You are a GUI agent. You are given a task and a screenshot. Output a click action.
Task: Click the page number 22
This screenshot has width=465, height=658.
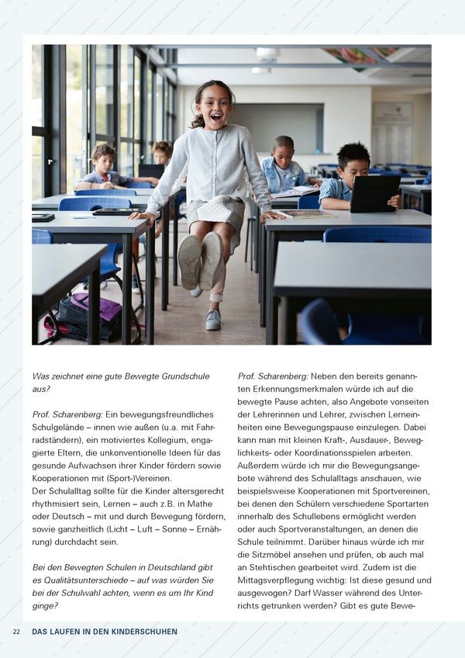coord(16,632)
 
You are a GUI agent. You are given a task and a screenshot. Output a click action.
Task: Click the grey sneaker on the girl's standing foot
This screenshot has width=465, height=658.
coord(213,319)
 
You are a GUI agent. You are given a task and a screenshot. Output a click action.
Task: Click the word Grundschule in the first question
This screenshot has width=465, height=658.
coord(184,376)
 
